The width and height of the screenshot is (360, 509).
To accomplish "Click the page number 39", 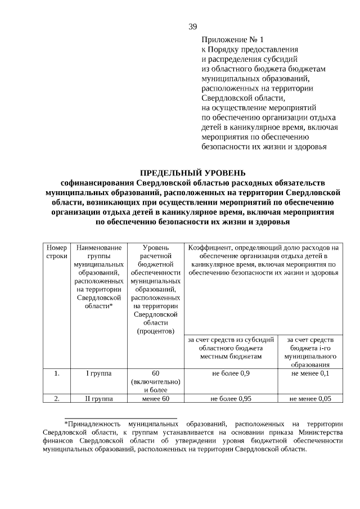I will click(x=192, y=26).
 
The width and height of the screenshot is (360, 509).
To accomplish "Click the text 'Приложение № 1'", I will click(x=232, y=40).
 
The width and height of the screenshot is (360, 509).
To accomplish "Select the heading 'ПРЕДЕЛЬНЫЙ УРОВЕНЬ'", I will click(x=192, y=173).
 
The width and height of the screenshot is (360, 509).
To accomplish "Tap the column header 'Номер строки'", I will click(x=56, y=251).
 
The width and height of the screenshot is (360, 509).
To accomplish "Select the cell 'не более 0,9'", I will click(x=231, y=372).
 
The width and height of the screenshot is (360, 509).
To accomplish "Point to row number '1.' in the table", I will click(x=56, y=372).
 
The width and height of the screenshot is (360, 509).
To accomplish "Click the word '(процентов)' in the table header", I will click(x=156, y=331).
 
